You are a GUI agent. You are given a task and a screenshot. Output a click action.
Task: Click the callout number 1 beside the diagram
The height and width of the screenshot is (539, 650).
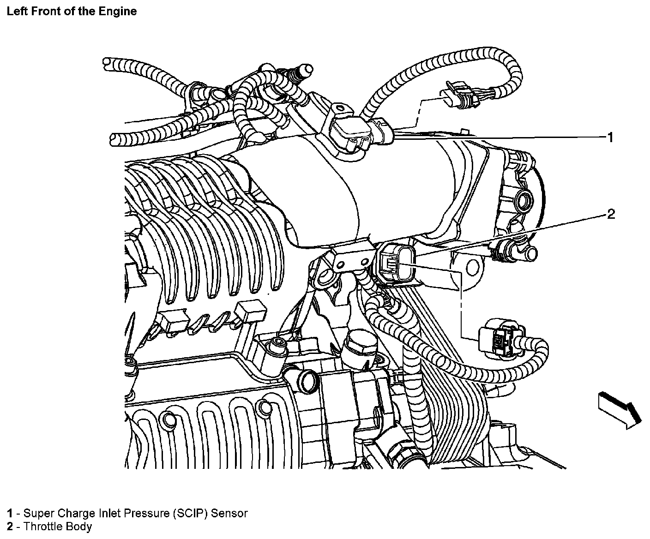click(x=610, y=137)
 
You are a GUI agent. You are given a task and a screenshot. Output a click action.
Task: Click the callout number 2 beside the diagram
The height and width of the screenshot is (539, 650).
click(x=611, y=214)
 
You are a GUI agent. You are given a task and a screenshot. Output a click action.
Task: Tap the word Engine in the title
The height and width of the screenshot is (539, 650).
click(x=118, y=12)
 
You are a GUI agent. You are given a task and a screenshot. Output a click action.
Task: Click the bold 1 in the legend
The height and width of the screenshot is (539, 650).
click(x=10, y=513)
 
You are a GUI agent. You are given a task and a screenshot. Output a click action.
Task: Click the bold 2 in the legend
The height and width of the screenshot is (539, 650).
click(x=10, y=527)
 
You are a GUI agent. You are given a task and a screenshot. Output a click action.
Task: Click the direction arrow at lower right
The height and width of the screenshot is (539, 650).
click(x=620, y=411)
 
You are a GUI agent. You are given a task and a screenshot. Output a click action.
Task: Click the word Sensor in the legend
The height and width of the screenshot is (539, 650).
click(x=229, y=514)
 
